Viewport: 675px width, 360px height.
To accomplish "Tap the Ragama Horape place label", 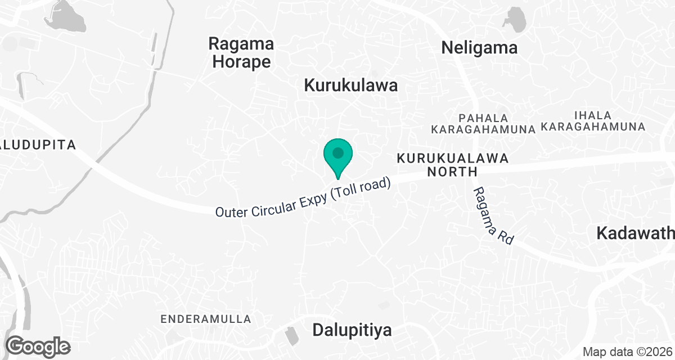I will click(241, 52).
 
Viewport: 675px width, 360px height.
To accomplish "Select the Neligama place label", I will click(479, 48).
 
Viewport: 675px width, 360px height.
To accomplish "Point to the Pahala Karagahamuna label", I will click(483, 124).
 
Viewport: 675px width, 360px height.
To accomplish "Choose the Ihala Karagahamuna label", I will click(593, 121).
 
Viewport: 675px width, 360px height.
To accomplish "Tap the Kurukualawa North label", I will click(452, 165).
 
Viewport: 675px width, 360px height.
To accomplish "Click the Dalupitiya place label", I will click(352, 330).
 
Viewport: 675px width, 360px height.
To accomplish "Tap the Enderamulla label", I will click(206, 319).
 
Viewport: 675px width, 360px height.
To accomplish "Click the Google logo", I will click(38, 346).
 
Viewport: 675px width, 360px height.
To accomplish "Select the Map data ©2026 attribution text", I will click(627, 352).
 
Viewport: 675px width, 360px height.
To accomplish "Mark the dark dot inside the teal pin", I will click(338, 152).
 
